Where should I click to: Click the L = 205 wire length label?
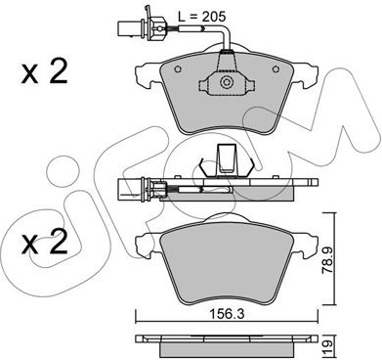[202, 16]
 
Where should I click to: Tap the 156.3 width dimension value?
[227, 314]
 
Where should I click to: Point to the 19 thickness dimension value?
[328, 344]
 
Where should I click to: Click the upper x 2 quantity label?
[44, 71]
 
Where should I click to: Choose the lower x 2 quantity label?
[44, 243]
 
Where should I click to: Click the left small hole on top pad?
[178, 69]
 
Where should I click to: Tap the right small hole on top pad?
[276, 69]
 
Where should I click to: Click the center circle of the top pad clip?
[226, 81]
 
